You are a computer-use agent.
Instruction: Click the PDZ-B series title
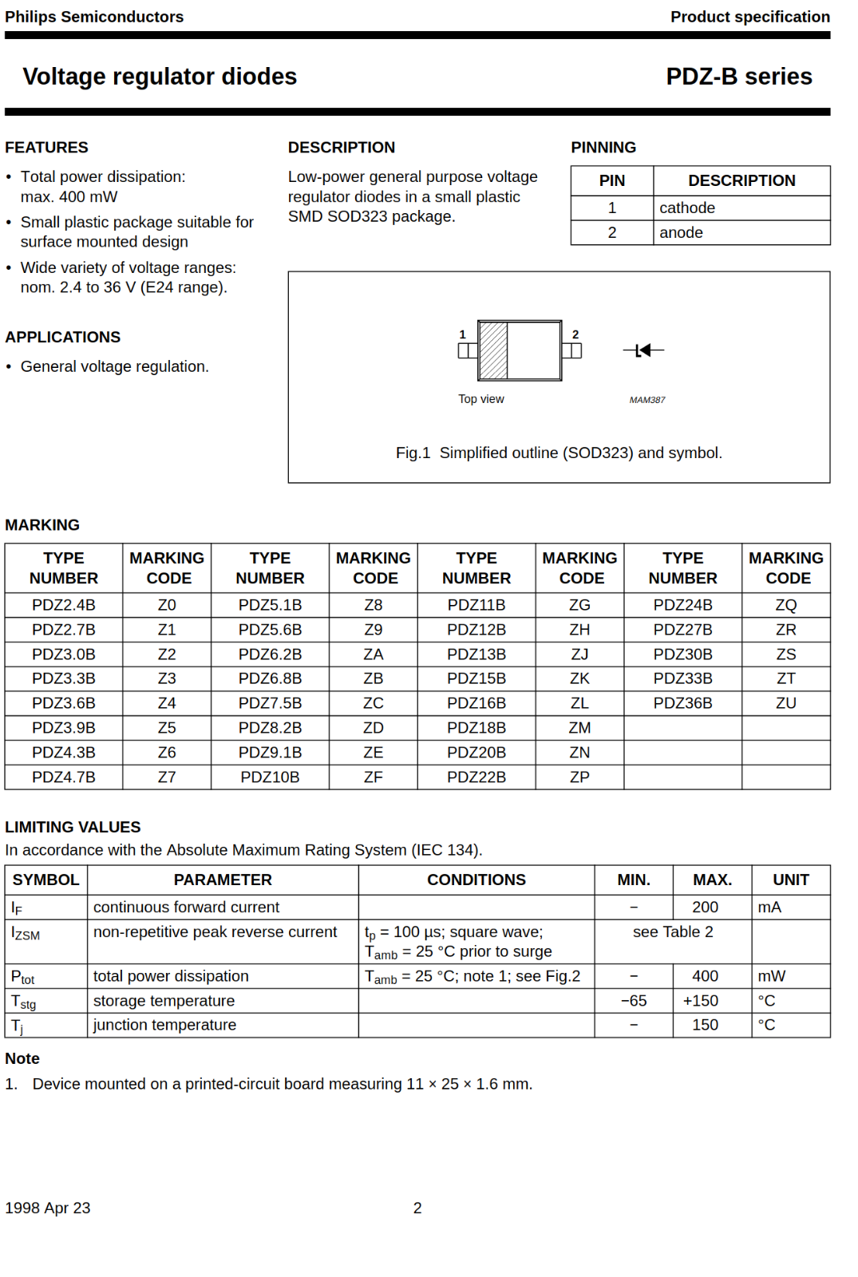(738, 77)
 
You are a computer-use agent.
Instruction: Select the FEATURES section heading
(46, 148)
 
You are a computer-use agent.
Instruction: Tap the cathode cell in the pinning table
(686, 208)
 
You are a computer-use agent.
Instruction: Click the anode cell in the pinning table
(681, 233)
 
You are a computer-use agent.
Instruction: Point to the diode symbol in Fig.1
(643, 350)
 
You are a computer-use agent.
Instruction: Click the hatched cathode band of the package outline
(493, 350)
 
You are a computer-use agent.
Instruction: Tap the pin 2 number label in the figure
(575, 334)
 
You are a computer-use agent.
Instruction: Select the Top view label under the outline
(480, 399)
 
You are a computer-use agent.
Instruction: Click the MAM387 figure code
(646, 400)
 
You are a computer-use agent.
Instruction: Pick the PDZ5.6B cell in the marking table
(270, 630)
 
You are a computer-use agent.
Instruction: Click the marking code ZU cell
(785, 703)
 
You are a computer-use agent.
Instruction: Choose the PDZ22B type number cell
(476, 777)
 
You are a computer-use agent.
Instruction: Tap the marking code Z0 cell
(167, 605)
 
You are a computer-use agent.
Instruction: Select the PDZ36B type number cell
(682, 703)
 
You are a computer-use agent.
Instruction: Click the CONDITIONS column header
(476, 880)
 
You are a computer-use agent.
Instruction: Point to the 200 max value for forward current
(705, 907)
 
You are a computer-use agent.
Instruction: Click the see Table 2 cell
(673, 932)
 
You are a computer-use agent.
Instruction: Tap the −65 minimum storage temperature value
(634, 1001)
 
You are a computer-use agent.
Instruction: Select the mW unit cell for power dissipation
(771, 976)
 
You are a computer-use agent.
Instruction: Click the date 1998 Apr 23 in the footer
(48, 1208)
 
